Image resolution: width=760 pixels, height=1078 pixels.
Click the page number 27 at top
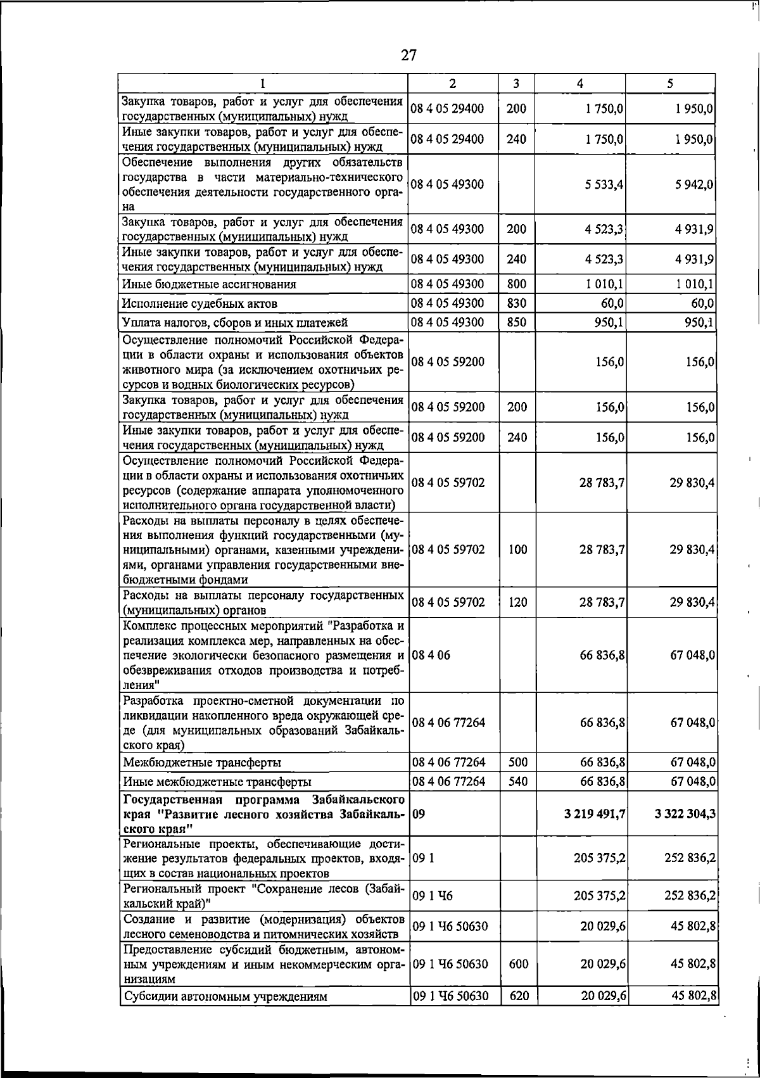[x=409, y=56]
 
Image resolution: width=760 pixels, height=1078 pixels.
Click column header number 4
[x=580, y=84]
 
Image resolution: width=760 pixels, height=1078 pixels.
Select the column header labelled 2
[x=452, y=84]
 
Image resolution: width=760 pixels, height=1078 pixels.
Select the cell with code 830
[x=517, y=303]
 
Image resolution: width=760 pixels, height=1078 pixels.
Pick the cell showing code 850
[x=517, y=322]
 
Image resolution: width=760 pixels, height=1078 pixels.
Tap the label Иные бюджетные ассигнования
[x=209, y=284]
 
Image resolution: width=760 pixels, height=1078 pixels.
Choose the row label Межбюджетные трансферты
[x=202, y=763]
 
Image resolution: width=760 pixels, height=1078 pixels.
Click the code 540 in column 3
[x=517, y=782]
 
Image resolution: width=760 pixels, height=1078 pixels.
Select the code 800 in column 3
[x=517, y=284]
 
